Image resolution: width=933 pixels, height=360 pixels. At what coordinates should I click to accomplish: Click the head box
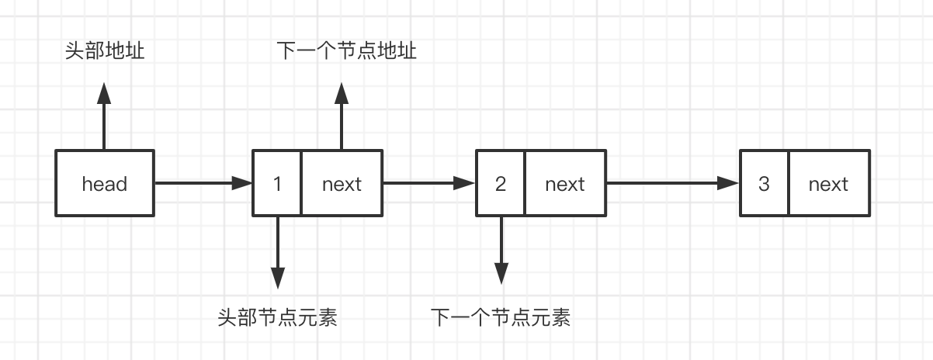pos(105,184)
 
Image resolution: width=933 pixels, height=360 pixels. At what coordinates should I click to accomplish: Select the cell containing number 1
pos(277,184)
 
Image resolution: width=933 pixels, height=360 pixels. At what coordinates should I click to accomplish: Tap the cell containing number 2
pos(501,184)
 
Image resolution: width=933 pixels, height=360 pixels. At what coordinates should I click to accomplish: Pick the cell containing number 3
pos(765,184)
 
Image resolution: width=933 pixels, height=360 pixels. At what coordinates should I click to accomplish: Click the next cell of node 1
pos(342,184)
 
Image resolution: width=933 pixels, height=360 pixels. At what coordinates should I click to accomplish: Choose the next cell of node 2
pos(565,184)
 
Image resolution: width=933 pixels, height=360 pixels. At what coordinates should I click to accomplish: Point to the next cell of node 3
pos(828,184)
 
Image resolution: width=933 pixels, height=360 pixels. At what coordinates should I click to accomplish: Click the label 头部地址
pos(105,52)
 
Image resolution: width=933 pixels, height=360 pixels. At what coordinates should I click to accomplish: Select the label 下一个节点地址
pos(347,52)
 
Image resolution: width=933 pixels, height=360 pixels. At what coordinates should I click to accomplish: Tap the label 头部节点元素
pos(278,317)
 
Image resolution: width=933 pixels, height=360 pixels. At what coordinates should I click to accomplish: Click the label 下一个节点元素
pos(501,317)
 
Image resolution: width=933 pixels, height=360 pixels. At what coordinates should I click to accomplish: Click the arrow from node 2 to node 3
pos(672,184)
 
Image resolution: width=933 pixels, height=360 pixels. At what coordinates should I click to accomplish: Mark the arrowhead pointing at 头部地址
pos(105,92)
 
